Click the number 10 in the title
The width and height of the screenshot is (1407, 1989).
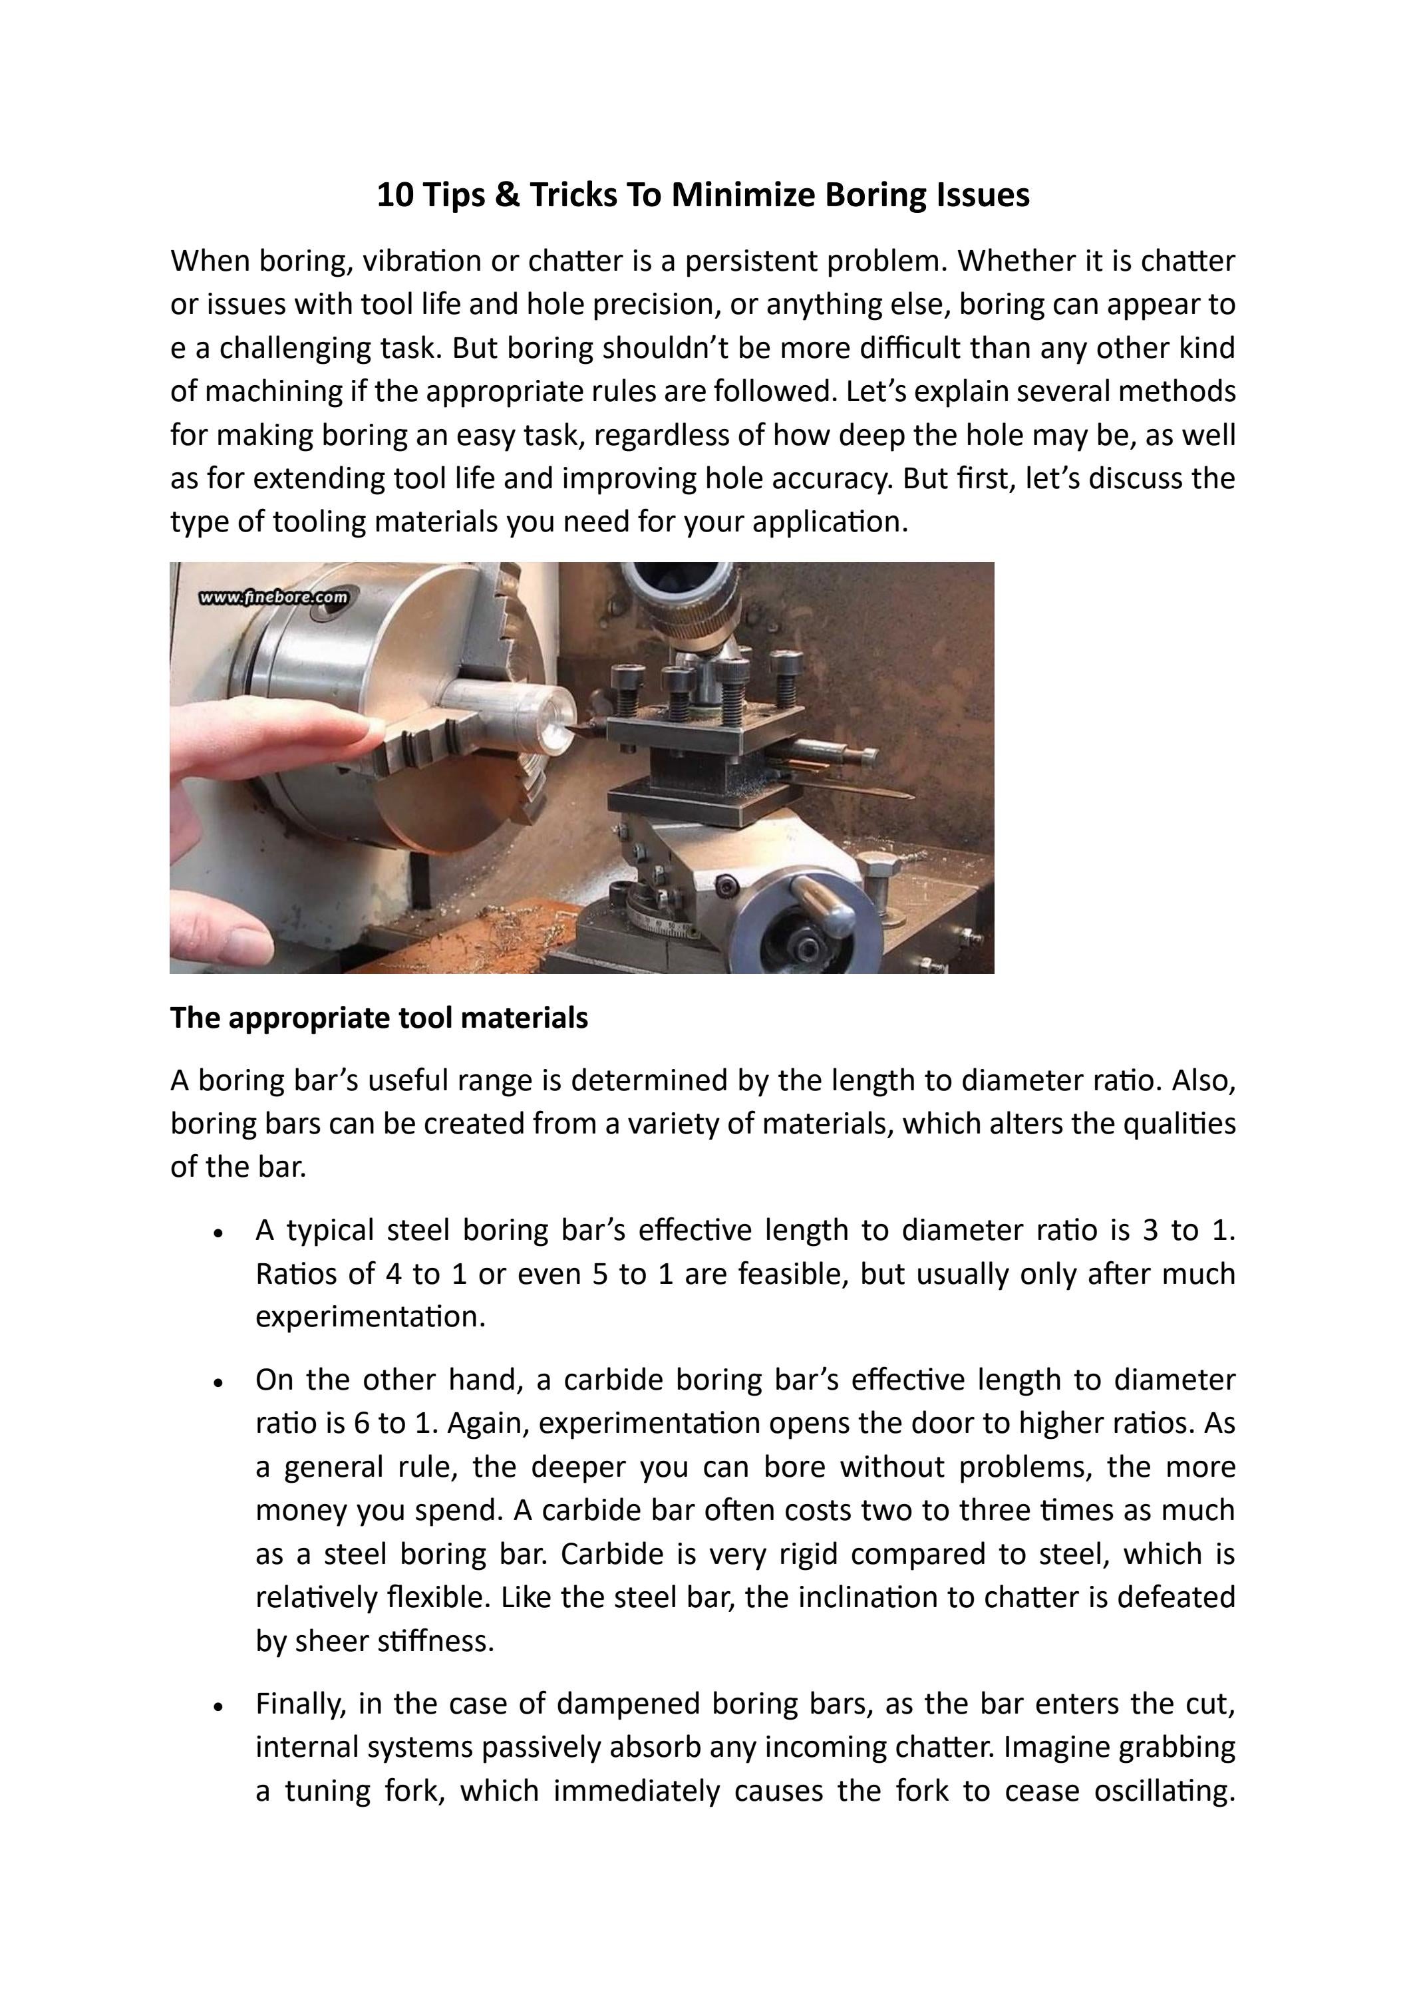(395, 195)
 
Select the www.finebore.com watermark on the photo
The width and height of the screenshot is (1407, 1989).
(273, 597)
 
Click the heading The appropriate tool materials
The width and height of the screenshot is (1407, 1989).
(379, 1018)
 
